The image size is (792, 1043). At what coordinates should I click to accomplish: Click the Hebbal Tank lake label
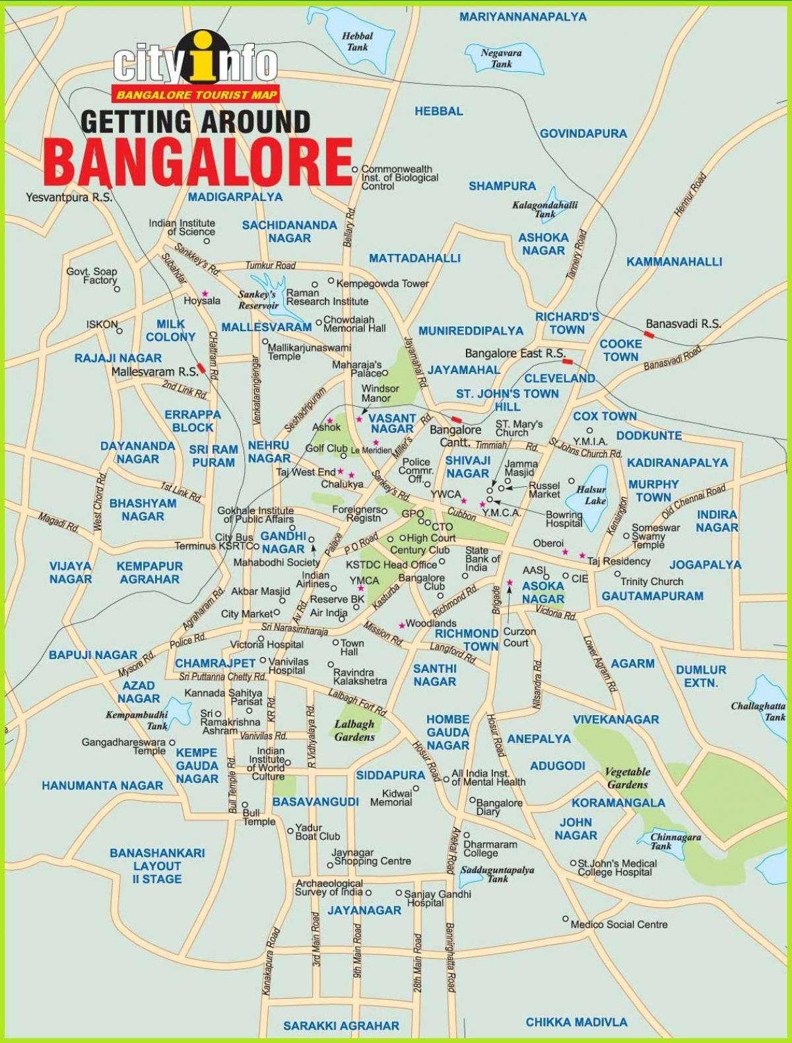point(357,42)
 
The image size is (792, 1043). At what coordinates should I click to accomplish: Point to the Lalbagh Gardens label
point(354,730)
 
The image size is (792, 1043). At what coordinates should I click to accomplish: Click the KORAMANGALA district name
point(618,803)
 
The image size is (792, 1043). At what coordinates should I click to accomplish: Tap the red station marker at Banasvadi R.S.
point(649,334)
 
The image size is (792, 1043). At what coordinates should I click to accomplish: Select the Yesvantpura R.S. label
point(69,197)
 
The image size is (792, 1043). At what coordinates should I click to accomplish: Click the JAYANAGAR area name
point(364,910)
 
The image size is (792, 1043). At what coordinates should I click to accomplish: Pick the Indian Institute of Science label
point(181,228)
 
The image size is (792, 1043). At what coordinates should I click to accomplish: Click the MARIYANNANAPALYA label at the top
point(523,17)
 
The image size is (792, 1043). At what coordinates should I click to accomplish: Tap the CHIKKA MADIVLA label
point(576,1022)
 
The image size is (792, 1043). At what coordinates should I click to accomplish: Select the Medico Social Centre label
point(618,924)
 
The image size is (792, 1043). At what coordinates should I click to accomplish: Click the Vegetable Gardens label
point(627,778)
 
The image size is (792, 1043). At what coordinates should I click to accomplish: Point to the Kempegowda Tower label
point(382,284)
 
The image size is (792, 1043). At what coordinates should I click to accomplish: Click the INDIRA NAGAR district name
point(717,521)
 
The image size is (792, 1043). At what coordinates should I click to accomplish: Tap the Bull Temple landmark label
point(259,817)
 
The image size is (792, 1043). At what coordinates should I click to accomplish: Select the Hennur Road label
point(690,194)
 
